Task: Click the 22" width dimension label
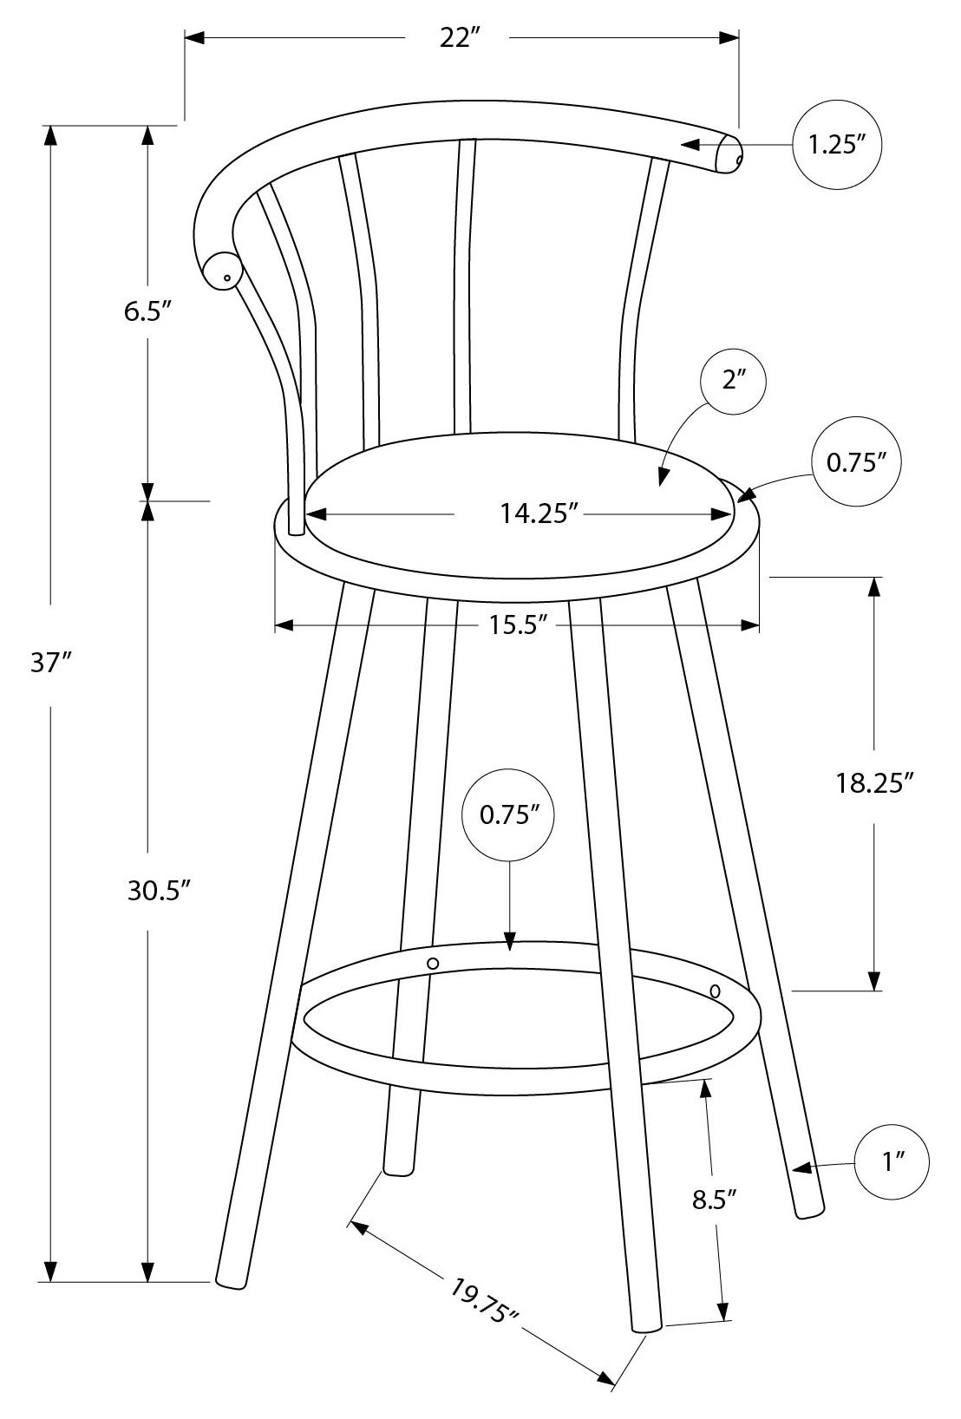pyautogui.click(x=459, y=39)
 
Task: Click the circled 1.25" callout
pyautogui.click(x=837, y=145)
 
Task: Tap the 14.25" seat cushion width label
pyautogui.click(x=539, y=514)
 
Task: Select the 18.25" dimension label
pyautogui.click(x=874, y=783)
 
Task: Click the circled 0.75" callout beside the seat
pyautogui.click(x=857, y=463)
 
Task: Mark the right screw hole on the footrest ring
pyautogui.click(x=716, y=991)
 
